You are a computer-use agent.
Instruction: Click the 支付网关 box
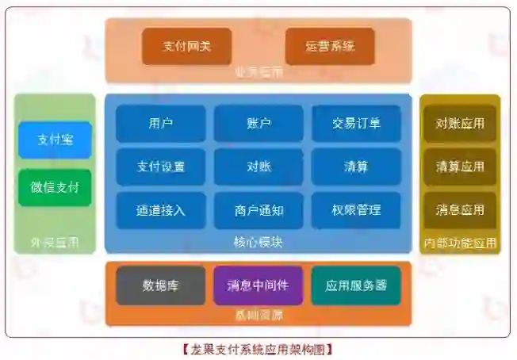187,46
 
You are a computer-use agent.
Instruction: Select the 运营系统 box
329,46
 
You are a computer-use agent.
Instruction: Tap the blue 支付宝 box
55,140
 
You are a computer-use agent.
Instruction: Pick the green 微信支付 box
55,187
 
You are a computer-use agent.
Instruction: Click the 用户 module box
160,123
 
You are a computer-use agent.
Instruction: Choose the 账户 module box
258,123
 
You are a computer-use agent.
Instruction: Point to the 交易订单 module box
356,123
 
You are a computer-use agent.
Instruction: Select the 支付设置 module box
160,167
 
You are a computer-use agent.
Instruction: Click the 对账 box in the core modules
258,167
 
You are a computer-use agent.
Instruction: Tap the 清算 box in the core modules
356,167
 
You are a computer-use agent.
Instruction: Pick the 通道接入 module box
160,210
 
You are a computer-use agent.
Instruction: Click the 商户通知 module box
258,210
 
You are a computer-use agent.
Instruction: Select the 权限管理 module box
356,210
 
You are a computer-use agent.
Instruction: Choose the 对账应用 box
460,123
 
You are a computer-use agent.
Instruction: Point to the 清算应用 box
460,167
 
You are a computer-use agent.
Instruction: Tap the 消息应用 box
460,210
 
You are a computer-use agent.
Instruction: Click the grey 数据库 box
160,285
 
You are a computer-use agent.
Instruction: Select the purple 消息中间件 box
258,285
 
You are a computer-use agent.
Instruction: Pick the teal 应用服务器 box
356,285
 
